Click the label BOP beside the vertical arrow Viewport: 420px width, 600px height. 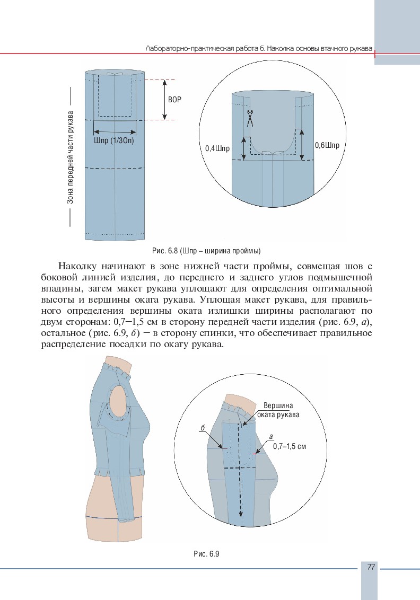[174, 99]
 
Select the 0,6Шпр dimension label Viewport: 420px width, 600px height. [327, 145]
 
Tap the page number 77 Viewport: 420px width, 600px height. [371, 567]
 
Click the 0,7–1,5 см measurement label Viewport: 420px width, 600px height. [290, 446]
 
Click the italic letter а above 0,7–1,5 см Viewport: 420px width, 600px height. [270, 437]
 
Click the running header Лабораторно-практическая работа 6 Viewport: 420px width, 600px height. [258, 48]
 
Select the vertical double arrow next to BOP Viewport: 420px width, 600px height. [164, 99]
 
